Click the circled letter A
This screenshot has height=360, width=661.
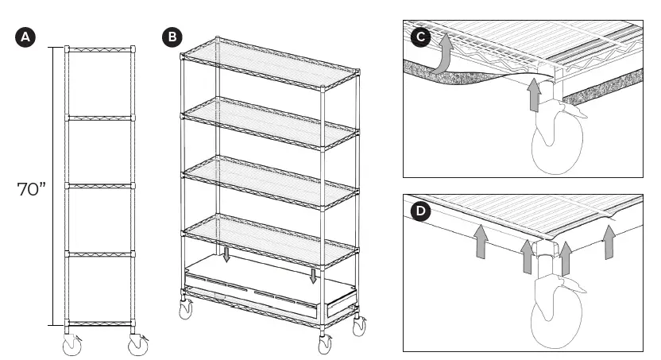[x=27, y=37]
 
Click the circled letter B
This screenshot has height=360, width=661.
[x=171, y=37]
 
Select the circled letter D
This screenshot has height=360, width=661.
[x=421, y=214]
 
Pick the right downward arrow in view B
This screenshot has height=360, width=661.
[x=314, y=276]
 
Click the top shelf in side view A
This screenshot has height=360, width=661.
[x=100, y=49]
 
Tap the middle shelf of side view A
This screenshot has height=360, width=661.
[x=100, y=186]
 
